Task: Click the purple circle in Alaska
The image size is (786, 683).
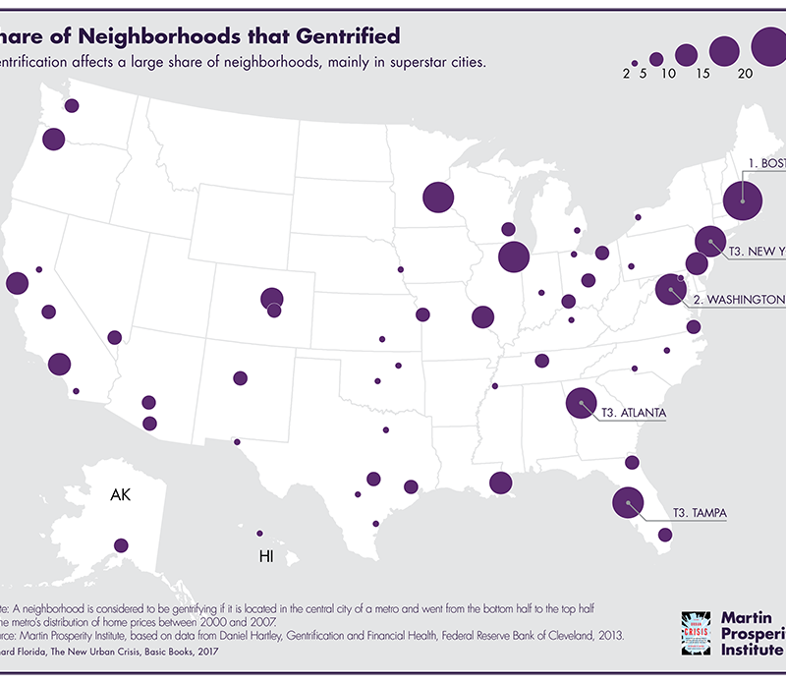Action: click(x=121, y=544)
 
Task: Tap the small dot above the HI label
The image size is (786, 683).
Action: click(x=259, y=533)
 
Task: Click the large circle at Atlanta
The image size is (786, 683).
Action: click(x=582, y=402)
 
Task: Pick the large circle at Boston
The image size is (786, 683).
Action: click(x=743, y=200)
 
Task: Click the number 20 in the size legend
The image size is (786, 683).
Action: click(x=745, y=74)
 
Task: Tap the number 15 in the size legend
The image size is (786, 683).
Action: click(x=702, y=74)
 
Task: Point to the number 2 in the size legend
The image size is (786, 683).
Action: click(x=626, y=74)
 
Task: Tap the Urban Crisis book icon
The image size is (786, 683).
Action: click(x=698, y=630)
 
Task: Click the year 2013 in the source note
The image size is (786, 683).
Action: click(x=606, y=635)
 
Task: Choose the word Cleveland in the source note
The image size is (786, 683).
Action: click(x=564, y=635)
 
